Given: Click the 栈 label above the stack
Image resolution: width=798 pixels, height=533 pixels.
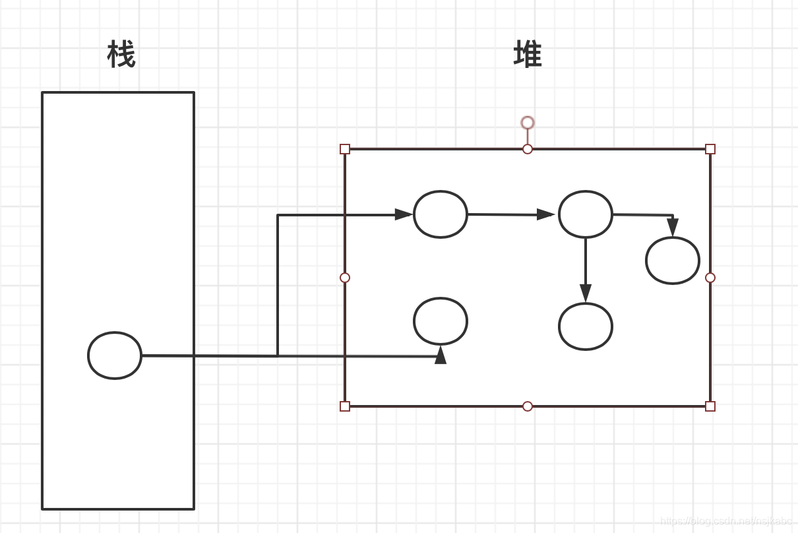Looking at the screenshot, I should tap(121, 55).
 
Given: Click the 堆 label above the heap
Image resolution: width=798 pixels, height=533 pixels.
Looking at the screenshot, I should tap(528, 55).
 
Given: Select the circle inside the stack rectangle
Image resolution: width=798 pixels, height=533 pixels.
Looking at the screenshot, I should tap(115, 356).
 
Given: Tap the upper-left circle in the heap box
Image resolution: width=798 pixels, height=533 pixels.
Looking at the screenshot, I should tap(441, 214).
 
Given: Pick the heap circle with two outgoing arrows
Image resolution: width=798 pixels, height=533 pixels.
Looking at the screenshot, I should tap(586, 214).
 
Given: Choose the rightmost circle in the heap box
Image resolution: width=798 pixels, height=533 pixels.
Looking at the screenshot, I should tap(673, 261).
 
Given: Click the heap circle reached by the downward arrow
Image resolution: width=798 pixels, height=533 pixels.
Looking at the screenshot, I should tap(586, 327).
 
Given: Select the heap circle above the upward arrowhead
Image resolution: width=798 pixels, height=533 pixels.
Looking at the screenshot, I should tap(441, 321).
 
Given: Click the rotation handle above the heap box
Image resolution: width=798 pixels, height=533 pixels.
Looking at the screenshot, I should tap(528, 123).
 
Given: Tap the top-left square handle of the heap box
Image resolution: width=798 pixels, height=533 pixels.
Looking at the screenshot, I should tap(345, 149).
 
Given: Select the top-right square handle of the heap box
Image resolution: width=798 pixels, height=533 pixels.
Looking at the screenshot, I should tap(710, 149).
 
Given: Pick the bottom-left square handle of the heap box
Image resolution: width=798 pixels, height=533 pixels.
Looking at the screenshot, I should tap(345, 406).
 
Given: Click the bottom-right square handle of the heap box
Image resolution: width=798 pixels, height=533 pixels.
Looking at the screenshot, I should tap(710, 406).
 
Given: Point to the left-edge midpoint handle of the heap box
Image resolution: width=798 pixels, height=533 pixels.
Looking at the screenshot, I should tap(345, 278).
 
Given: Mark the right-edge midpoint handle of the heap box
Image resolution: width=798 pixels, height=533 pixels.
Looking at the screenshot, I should tap(710, 278).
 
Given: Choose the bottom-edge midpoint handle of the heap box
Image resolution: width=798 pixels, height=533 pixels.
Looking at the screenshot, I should tap(528, 406).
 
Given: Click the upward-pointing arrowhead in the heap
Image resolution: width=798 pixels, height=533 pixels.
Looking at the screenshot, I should tap(441, 356).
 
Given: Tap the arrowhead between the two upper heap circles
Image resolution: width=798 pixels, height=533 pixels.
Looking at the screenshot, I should tap(545, 214).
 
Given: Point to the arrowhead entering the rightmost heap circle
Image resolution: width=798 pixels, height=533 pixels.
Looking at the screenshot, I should tap(673, 228).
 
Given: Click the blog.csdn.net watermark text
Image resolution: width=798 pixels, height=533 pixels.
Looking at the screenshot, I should tap(725, 521).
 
